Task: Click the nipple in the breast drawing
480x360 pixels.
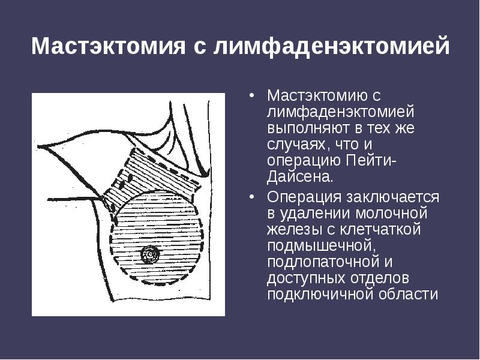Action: tap(149, 255)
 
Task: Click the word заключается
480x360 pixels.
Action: tap(395, 197)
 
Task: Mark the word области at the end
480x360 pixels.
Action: tap(408, 295)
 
